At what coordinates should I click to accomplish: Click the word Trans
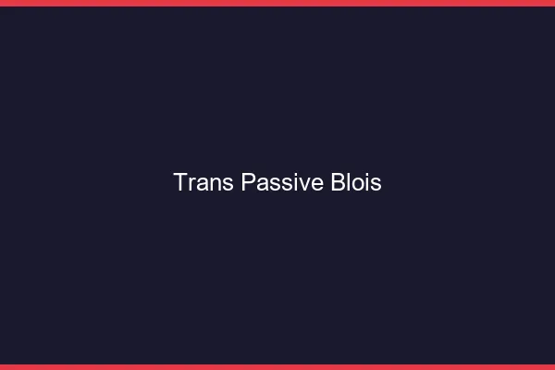203,182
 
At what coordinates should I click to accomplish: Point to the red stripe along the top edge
277,3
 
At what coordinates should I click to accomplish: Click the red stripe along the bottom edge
277,366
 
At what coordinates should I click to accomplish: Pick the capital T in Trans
180,182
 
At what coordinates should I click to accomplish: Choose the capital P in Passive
248,182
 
